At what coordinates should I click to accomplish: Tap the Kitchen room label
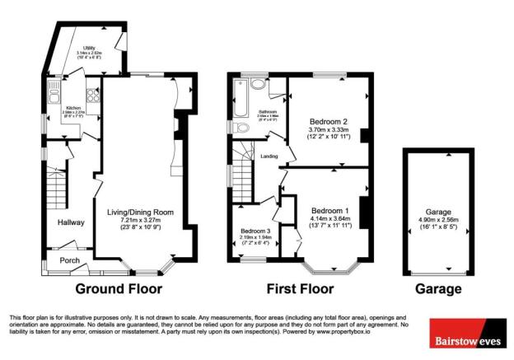point(73,108)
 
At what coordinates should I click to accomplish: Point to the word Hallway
point(71,222)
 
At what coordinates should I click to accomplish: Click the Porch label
point(69,261)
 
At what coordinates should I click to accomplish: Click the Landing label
point(269,155)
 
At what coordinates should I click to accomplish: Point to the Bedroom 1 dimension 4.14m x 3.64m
point(329,217)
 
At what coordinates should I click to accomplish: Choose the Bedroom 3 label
point(254,231)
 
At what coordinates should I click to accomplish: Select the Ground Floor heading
point(119,289)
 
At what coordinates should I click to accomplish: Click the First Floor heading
point(300,289)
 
